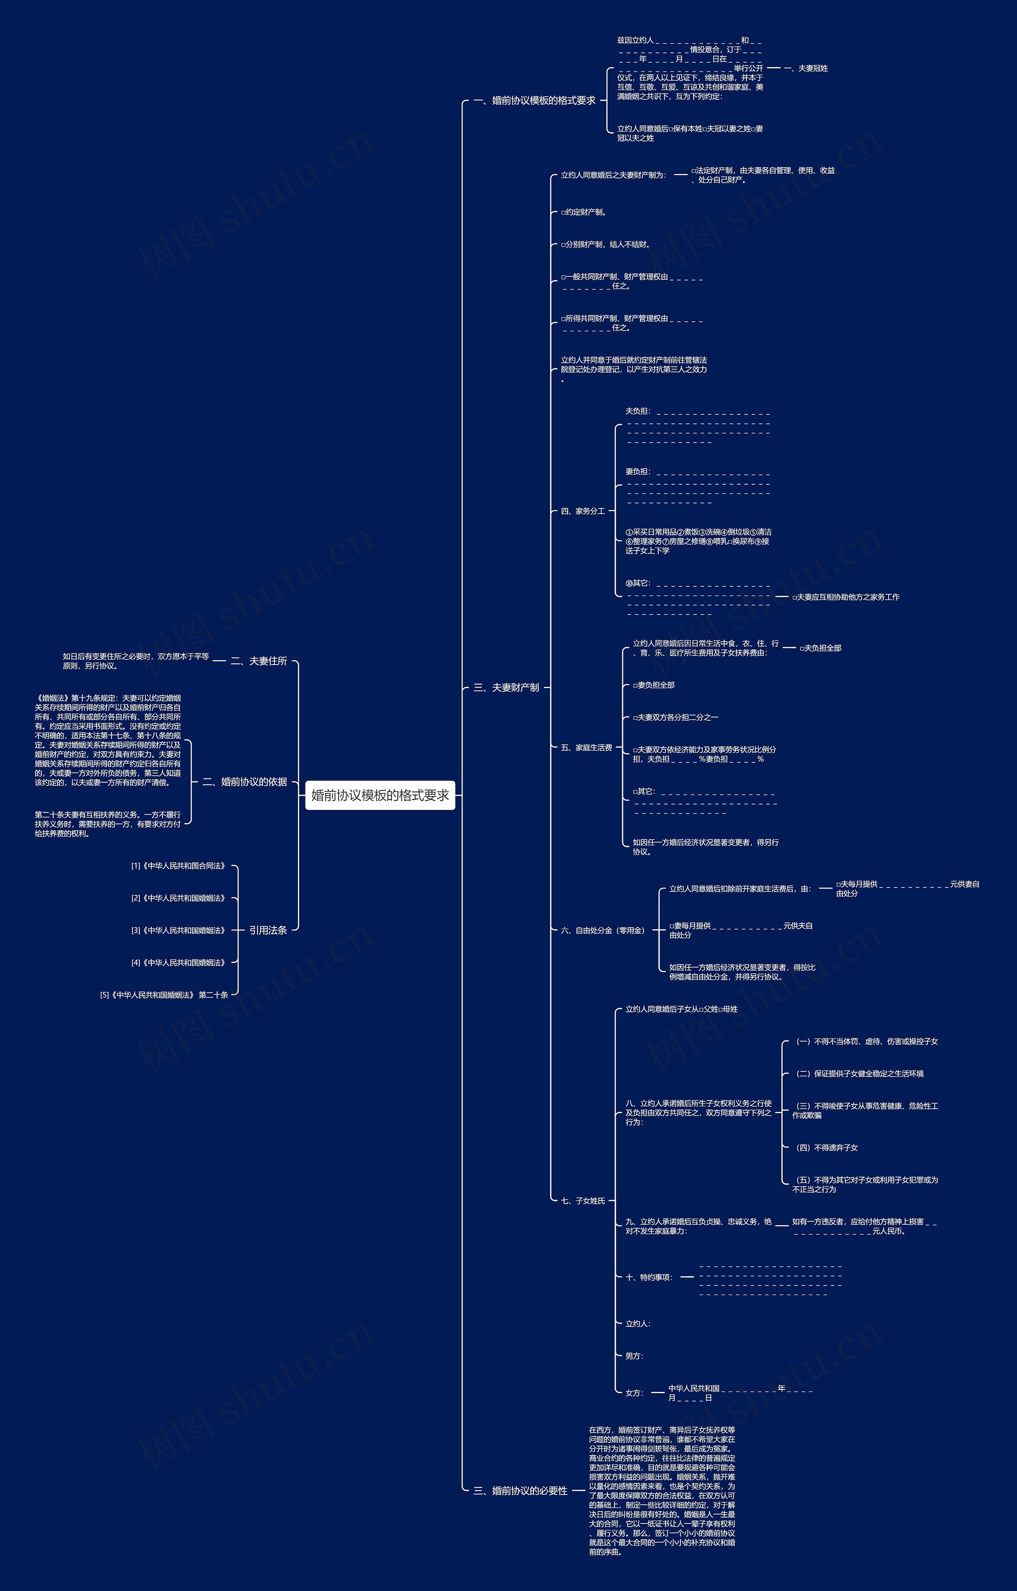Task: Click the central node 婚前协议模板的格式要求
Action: [380, 795]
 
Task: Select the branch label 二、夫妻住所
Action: [258, 661]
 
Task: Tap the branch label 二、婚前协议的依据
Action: [244, 782]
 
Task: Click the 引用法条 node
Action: [268, 930]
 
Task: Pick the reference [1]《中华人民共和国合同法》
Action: [178, 866]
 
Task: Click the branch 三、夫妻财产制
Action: [506, 688]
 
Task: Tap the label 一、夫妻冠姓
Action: [806, 68]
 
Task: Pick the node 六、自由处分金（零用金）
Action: [602, 930]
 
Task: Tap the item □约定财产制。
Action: [584, 212]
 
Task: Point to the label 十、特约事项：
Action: [648, 1277]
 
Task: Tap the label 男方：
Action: [634, 1356]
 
